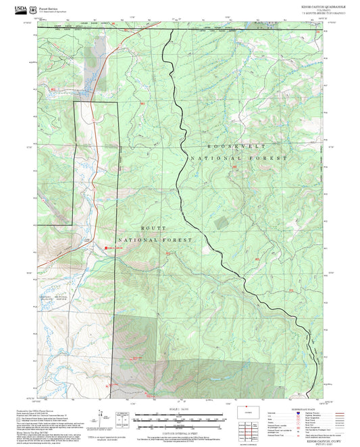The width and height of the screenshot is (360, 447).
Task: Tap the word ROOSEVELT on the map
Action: pyautogui.click(x=236, y=146)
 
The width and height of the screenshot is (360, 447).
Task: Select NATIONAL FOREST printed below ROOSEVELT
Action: pyautogui.click(x=239, y=158)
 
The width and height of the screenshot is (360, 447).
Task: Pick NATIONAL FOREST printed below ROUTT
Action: pyautogui.click(x=155, y=240)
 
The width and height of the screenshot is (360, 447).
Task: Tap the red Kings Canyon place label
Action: pyautogui.click(x=115, y=248)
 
